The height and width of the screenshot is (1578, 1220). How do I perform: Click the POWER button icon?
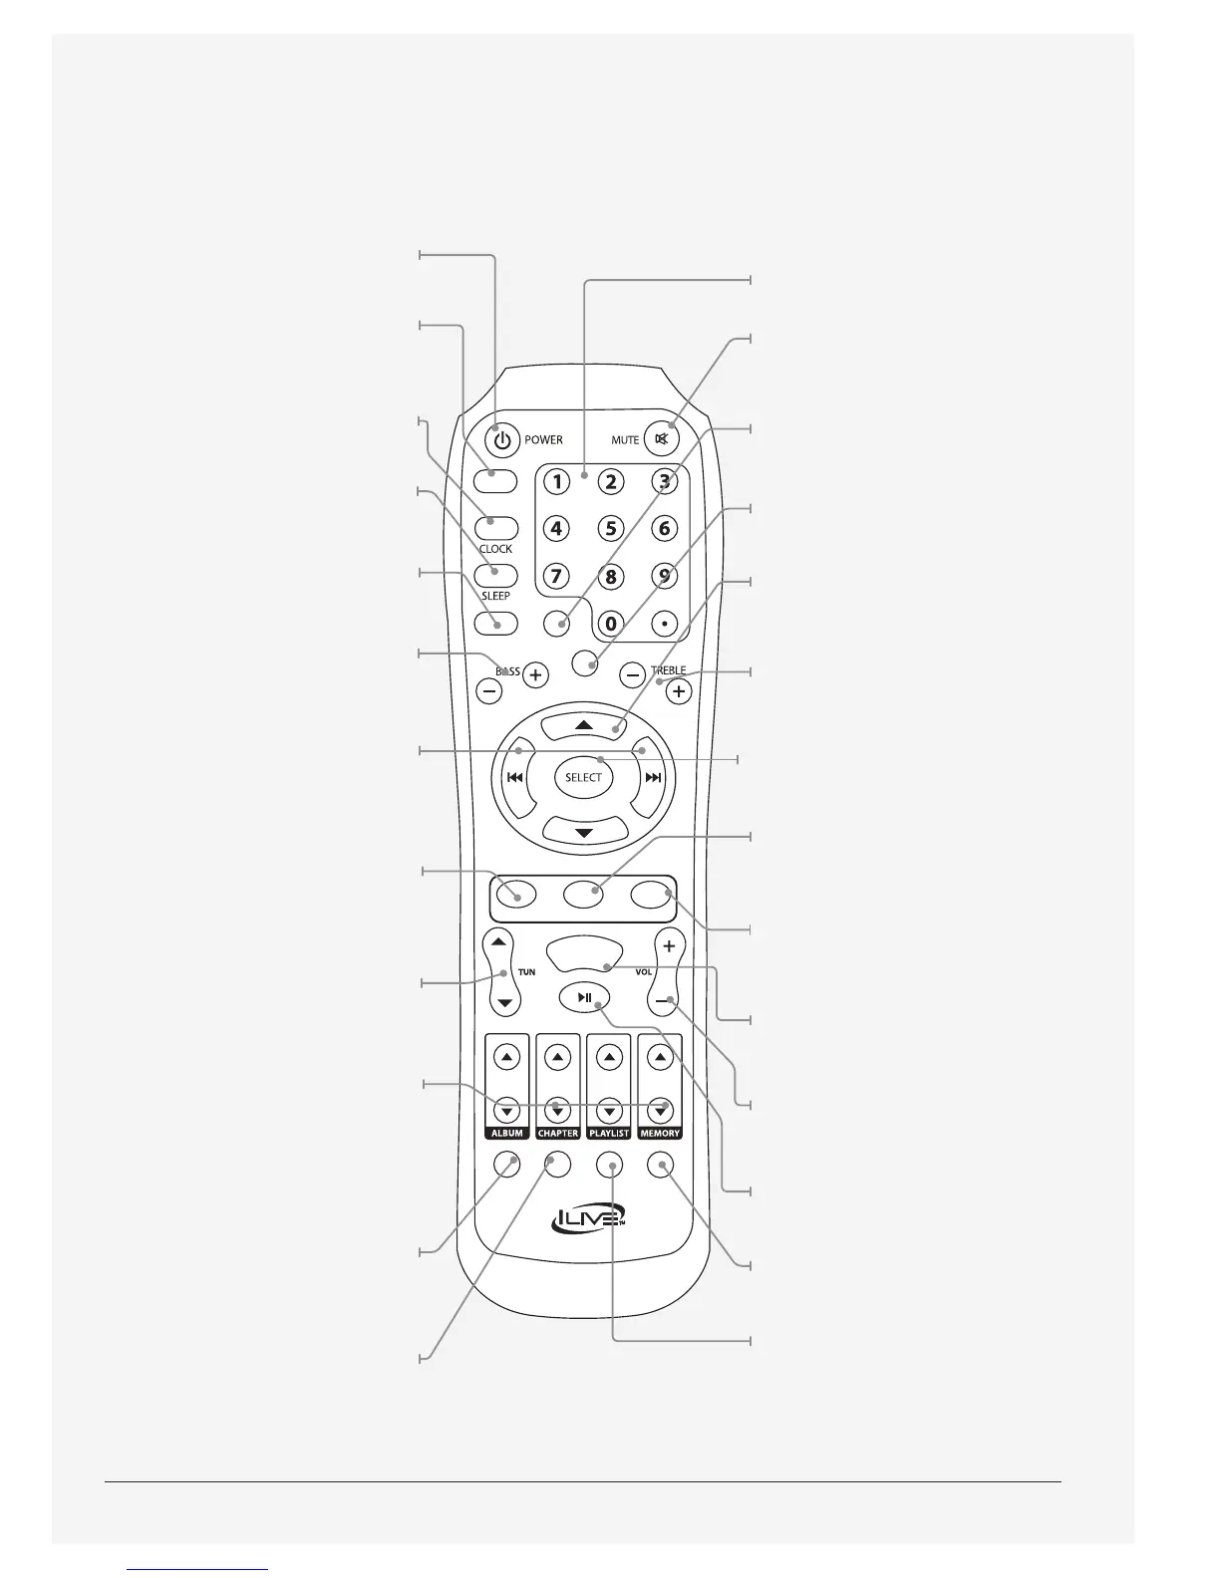click(503, 439)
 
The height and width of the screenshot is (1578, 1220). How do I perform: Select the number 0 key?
click(611, 625)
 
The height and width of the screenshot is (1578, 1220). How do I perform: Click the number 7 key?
click(557, 576)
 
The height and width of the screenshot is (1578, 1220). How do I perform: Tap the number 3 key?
click(664, 481)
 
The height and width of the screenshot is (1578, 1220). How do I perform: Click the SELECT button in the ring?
click(584, 777)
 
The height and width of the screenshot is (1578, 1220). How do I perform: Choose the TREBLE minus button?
click(632, 674)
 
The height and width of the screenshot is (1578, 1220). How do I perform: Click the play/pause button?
click(585, 997)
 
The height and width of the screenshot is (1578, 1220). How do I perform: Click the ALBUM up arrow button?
click(506, 1057)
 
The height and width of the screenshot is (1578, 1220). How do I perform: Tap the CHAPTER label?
click(558, 1134)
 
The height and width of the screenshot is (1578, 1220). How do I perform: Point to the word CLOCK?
click(495, 549)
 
